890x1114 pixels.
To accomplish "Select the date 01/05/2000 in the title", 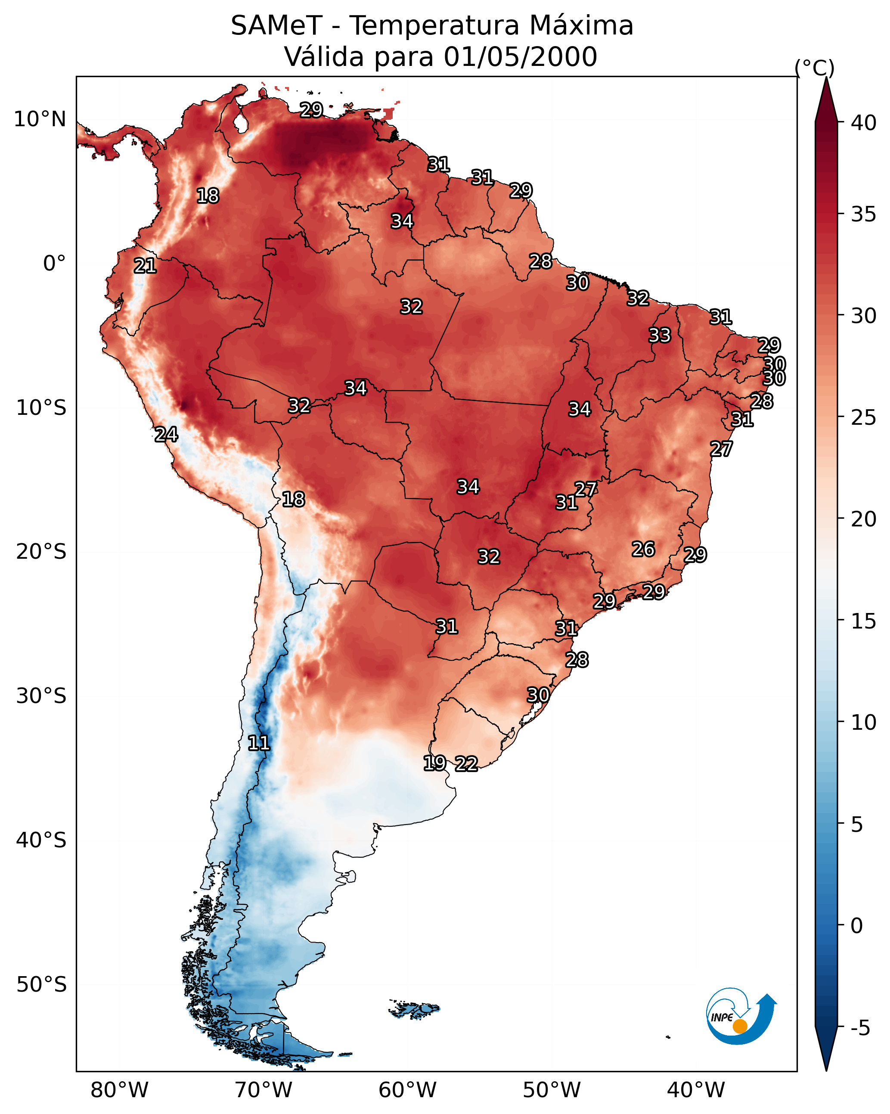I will (x=520, y=57).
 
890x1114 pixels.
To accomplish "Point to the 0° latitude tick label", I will (x=54, y=264).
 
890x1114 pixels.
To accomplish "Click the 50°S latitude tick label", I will (x=41, y=985).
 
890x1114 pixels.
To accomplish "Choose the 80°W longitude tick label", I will (x=119, y=1090).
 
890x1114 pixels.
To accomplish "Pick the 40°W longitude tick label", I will (x=696, y=1090).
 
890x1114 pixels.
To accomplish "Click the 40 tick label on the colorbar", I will (x=864, y=123).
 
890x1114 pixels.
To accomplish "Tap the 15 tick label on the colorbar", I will (x=864, y=621).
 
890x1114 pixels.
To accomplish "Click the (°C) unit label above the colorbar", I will (x=814, y=68).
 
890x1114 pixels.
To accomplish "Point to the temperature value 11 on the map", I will (x=259, y=743).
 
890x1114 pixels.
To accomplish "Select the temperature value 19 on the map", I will (x=434, y=762).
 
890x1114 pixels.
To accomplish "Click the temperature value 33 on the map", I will (x=660, y=335).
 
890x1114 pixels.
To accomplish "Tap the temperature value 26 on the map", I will (x=643, y=549).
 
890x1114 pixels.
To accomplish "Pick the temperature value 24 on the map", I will (x=166, y=435).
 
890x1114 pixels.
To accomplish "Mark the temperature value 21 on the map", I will (x=145, y=266).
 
